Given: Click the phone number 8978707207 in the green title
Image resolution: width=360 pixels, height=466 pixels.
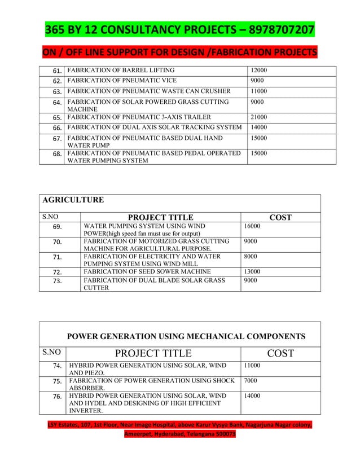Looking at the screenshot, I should (x=273, y=29).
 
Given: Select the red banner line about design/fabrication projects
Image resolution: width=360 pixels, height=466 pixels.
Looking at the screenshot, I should (x=179, y=53).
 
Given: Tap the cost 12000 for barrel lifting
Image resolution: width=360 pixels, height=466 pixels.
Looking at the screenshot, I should (x=259, y=71).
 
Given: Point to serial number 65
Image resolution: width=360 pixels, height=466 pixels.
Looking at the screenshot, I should (x=56, y=118).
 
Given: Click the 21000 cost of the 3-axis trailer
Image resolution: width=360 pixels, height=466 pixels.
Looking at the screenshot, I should (x=259, y=117).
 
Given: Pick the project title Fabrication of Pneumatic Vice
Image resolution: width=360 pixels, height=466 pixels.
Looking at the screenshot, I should (x=122, y=81).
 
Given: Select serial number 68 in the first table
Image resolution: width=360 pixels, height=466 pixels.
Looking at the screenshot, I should (x=56, y=153).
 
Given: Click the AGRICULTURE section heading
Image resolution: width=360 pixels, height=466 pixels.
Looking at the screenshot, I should (x=73, y=200).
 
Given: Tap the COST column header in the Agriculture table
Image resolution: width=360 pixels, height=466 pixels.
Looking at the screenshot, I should (x=280, y=217).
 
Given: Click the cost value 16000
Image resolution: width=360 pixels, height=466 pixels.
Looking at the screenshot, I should (x=252, y=226).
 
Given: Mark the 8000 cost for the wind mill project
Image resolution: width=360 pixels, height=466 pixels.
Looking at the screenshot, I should (x=251, y=256).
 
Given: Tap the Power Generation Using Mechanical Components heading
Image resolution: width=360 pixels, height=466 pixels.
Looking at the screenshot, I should (x=186, y=337).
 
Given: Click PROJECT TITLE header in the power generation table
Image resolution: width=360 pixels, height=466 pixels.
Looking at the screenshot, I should (x=153, y=354).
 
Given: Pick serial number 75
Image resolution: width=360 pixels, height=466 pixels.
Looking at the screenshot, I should (x=56, y=381).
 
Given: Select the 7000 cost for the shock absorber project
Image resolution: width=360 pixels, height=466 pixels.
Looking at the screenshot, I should (x=251, y=381).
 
